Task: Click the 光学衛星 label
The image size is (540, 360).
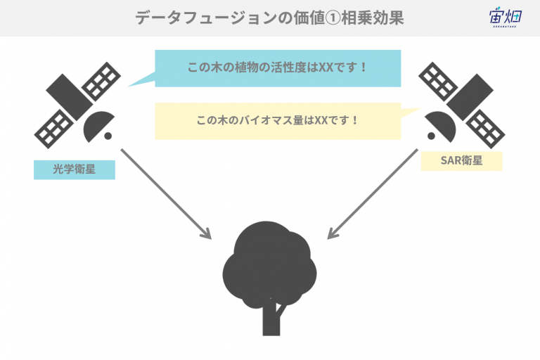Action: [75, 169]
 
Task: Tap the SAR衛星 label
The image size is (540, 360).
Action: [461, 161]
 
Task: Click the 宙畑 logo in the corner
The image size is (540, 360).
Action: [506, 17]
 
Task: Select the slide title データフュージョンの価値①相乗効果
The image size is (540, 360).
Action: [269, 18]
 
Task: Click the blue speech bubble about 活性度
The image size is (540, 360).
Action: [278, 68]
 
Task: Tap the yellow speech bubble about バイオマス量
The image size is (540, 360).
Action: [278, 121]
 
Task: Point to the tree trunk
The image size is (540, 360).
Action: [271, 319]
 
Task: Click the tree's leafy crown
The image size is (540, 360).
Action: [269, 264]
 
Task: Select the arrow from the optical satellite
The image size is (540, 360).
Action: [166, 194]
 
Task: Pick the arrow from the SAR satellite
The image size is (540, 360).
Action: [373, 194]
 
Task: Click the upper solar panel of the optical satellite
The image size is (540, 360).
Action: [101, 82]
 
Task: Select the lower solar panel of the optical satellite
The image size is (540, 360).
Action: [53, 129]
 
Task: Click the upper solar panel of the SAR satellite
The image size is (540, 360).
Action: [438, 82]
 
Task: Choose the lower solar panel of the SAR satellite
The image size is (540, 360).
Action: [486, 129]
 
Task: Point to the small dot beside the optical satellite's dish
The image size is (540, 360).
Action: [108, 136]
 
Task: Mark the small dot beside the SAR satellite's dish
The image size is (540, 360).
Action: [431, 136]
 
